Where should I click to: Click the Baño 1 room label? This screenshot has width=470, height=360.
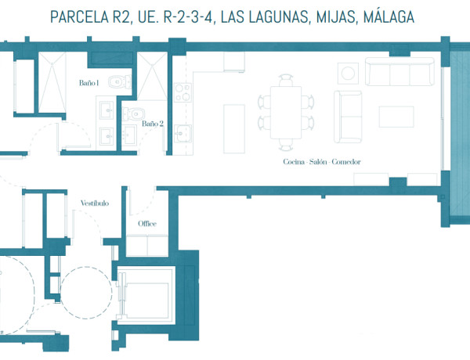click(x=88, y=82)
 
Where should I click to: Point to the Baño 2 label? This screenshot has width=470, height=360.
click(x=152, y=123)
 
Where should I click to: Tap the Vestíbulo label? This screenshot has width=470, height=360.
click(x=94, y=203)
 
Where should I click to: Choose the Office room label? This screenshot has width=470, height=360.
click(x=147, y=224)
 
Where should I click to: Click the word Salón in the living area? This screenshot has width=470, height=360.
click(x=318, y=162)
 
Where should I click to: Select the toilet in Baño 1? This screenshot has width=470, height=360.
click(x=117, y=79)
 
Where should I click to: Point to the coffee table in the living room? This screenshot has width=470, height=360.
click(x=396, y=117)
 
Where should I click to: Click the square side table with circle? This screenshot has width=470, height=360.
click(x=347, y=73)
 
